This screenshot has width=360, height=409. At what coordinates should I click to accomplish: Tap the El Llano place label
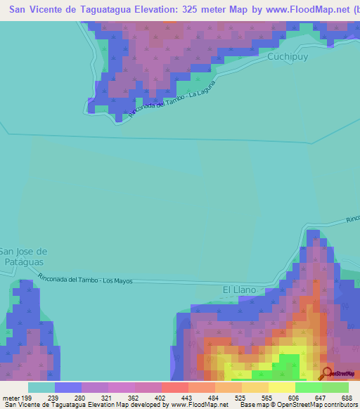click(239, 290)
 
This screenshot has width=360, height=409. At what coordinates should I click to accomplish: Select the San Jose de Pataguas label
click(23, 257)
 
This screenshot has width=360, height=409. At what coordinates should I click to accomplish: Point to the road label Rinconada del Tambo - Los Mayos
click(85, 278)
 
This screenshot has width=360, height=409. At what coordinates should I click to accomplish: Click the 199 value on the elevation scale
click(27, 397)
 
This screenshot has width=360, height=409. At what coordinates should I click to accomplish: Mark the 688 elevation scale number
click(347, 397)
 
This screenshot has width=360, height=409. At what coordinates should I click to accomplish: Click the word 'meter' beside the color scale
click(11, 397)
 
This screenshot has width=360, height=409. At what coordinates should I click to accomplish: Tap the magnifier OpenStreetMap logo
click(326, 373)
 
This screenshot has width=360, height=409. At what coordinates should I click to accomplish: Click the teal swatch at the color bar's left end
click(41, 387)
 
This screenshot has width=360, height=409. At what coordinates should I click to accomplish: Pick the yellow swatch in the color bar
click(282, 387)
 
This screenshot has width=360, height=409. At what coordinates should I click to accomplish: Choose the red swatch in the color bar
click(174, 387)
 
